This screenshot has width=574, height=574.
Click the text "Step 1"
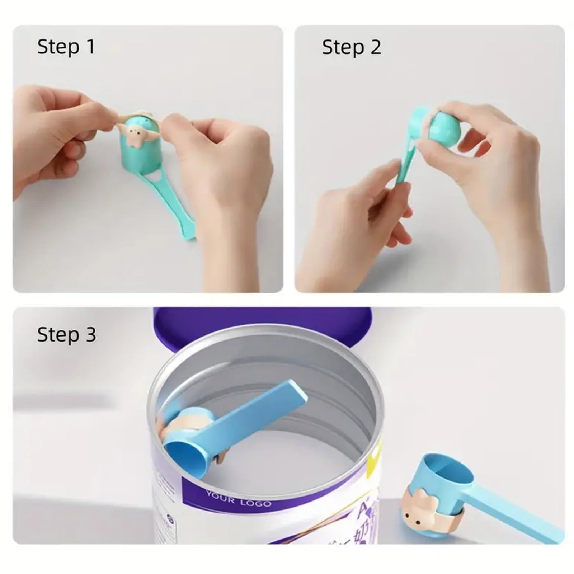pyautogui.click(x=66, y=47)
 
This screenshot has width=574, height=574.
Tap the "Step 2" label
pyautogui.click(x=351, y=47)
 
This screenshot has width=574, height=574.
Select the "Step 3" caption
pyautogui.click(x=66, y=335)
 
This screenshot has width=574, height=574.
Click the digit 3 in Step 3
pyautogui.click(x=91, y=335)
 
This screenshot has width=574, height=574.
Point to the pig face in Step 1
pyautogui.click(x=136, y=137)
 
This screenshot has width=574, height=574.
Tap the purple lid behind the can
pyautogui.click(x=262, y=323)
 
